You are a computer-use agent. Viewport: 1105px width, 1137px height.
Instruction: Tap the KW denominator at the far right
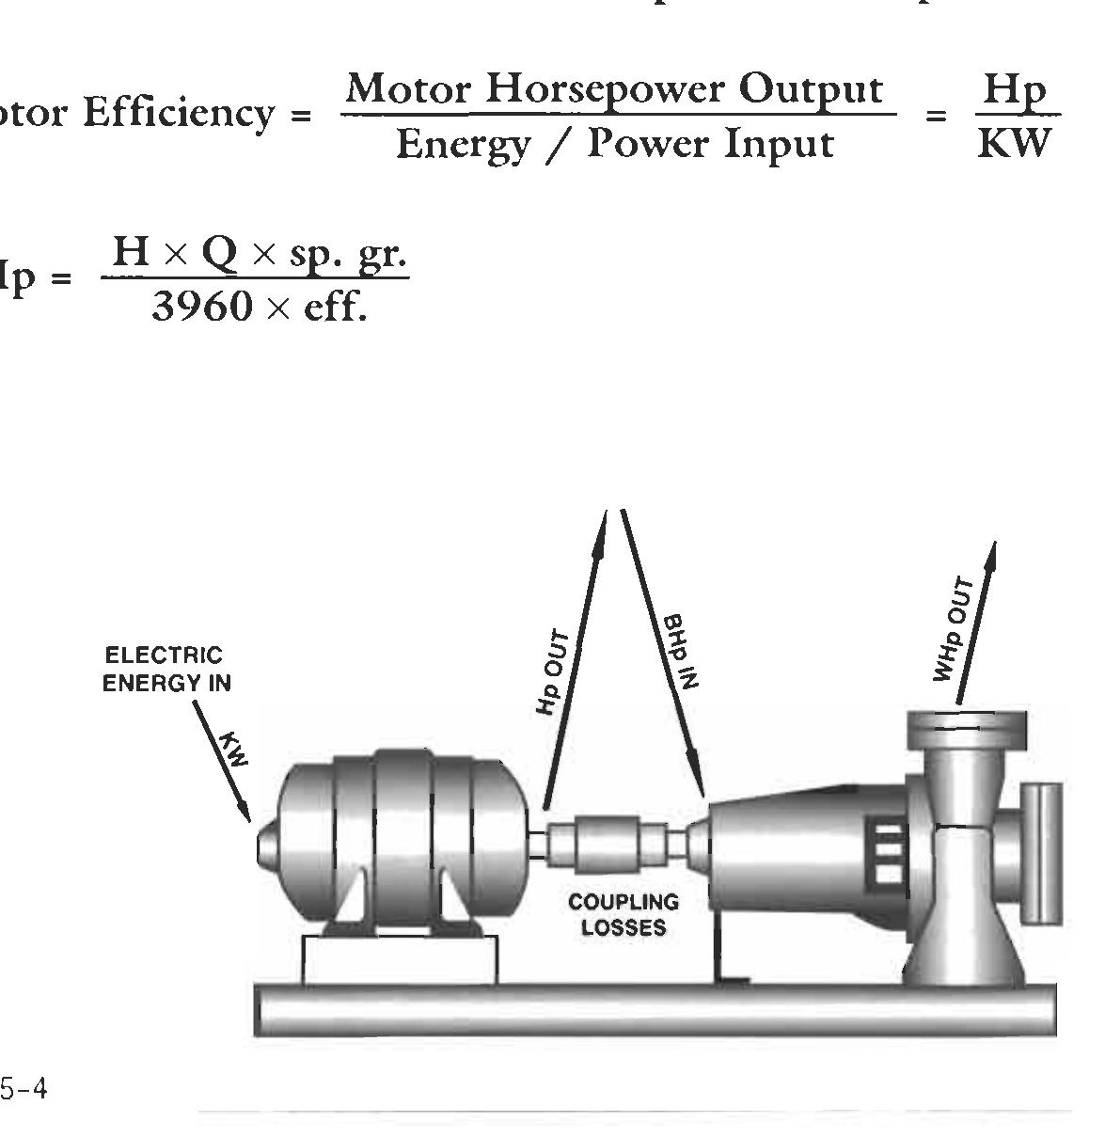click(1013, 144)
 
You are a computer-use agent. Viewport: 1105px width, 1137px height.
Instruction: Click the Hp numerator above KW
click(1013, 91)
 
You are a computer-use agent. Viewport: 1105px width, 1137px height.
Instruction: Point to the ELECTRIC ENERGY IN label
click(166, 669)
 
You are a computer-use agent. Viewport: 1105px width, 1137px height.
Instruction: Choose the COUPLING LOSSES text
click(624, 914)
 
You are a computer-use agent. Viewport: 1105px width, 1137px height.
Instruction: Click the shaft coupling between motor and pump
click(607, 845)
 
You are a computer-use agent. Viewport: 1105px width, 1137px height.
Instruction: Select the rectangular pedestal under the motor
click(400, 960)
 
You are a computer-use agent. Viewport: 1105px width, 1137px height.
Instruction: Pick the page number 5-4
click(24, 1090)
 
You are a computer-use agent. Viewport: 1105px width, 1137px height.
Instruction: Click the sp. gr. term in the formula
click(347, 254)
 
